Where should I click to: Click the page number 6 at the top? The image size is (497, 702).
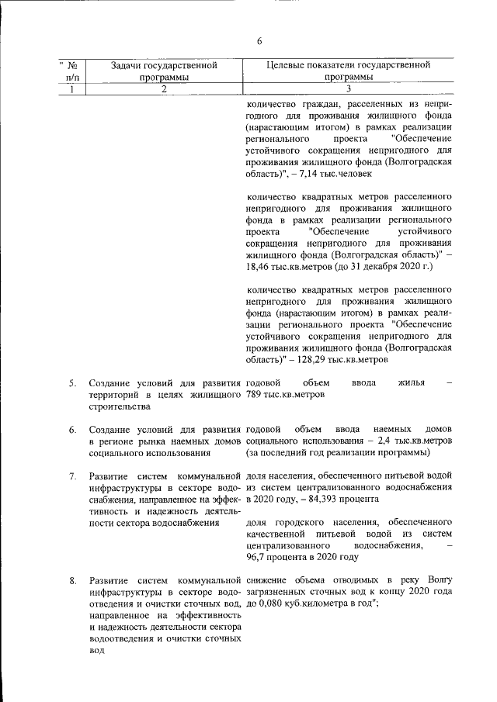point(259,40)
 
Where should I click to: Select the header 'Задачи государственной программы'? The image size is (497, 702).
point(163,71)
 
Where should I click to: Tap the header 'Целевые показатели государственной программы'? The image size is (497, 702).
point(348,71)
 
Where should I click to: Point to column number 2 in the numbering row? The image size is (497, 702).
point(163,89)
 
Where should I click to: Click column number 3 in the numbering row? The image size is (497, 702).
point(348,89)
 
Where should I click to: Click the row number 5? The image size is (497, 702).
point(71,383)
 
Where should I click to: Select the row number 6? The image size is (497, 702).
point(71,430)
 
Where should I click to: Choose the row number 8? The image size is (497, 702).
point(71,580)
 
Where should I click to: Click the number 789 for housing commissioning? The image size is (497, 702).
point(254,395)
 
